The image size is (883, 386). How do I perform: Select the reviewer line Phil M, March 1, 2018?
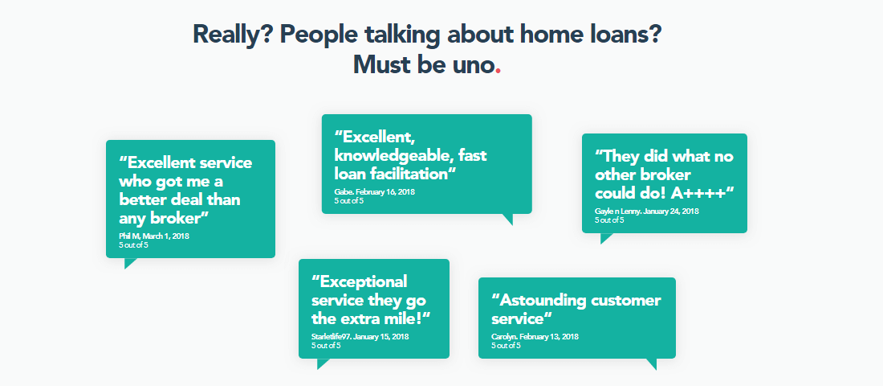(154, 236)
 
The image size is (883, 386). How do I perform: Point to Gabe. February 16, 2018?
(375, 192)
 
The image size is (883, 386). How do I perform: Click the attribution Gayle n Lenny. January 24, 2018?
(646, 211)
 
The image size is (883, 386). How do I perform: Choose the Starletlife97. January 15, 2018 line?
(360, 336)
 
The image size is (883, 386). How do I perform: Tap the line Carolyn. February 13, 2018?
(535, 337)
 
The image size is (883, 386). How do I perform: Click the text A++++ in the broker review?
(703, 192)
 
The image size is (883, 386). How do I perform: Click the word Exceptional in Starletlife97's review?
(360, 281)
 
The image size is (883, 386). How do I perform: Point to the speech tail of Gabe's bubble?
(507, 219)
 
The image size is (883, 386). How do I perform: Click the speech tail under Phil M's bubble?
(130, 263)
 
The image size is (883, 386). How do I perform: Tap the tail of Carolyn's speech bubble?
(652, 363)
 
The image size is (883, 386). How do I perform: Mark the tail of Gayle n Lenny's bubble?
(606, 238)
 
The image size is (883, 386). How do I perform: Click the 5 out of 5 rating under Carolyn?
(506, 346)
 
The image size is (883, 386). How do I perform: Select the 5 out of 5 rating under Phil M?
(133, 245)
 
